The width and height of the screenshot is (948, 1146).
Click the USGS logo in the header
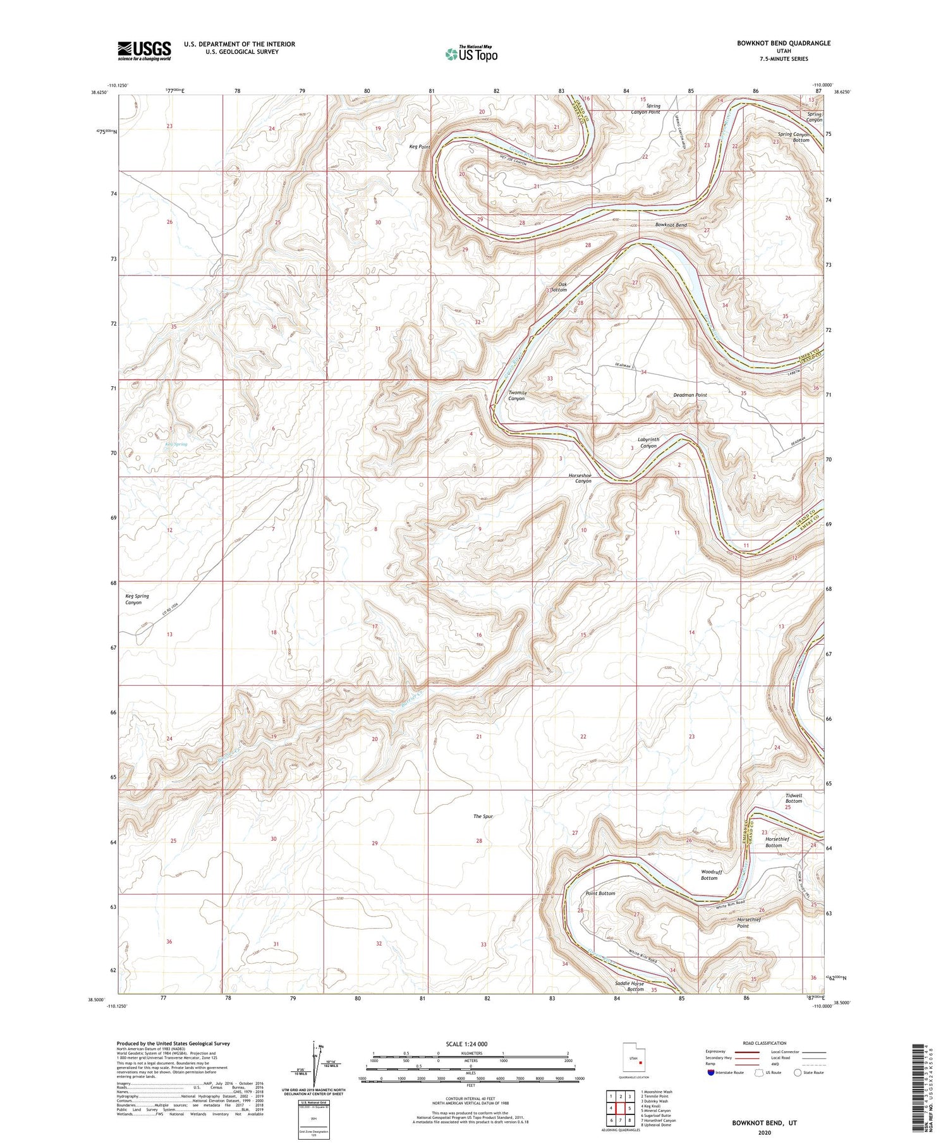pyautogui.click(x=144, y=51)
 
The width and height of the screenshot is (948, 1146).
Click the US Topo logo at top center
pyautogui.click(x=471, y=54)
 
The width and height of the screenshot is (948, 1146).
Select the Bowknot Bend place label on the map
pyautogui.click(x=671, y=225)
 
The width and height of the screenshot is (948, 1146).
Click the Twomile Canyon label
pyautogui.click(x=516, y=396)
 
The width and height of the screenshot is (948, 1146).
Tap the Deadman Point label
pyautogui.click(x=690, y=395)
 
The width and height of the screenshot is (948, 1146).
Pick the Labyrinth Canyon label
pyautogui.click(x=648, y=442)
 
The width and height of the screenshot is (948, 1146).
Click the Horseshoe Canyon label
pyautogui.click(x=580, y=477)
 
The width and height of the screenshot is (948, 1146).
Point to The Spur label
pyautogui.click(x=483, y=816)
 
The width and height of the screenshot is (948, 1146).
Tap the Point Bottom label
pyautogui.click(x=600, y=893)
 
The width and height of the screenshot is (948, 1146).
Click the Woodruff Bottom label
pyautogui.click(x=709, y=875)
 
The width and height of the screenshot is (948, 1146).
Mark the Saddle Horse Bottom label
pyautogui.click(x=629, y=986)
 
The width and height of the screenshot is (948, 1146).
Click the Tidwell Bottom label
pyautogui.click(x=793, y=798)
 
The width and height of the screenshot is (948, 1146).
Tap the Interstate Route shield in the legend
pyautogui.click(x=711, y=1073)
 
